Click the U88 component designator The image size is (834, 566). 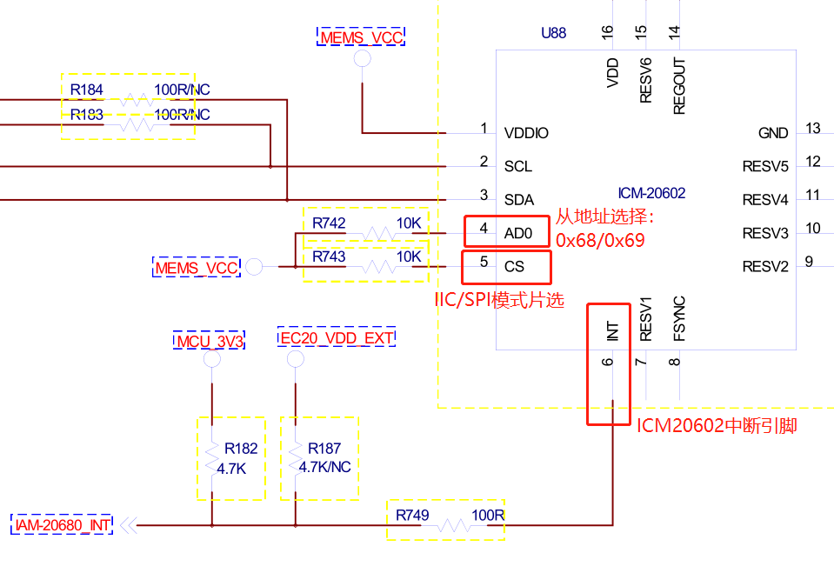pyautogui.click(x=553, y=34)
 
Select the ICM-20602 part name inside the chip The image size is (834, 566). pyautogui.click(x=651, y=193)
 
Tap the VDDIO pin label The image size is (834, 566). pyautogui.click(x=526, y=133)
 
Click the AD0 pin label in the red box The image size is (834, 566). pyautogui.click(x=517, y=232)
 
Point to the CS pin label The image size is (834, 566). pyautogui.click(x=514, y=265)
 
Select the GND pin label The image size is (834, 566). pyautogui.click(x=773, y=133)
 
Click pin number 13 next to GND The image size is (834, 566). pyautogui.click(x=813, y=129)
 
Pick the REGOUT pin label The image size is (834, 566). pyautogui.click(x=680, y=87)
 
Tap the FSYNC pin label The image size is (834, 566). pyautogui.click(x=680, y=318)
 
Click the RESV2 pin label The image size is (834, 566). pyautogui.click(x=765, y=266)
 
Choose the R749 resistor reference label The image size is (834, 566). pyautogui.click(x=412, y=516)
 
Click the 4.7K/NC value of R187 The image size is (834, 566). pyautogui.click(x=324, y=467)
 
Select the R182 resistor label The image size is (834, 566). pyautogui.click(x=241, y=449)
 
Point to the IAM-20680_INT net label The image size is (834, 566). pyautogui.click(x=63, y=524)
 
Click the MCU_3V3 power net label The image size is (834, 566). pyautogui.click(x=210, y=339)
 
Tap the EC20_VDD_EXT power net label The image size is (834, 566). pyautogui.click(x=337, y=337)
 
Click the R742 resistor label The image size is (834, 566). pyautogui.click(x=329, y=223)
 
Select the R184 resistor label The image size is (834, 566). pyautogui.click(x=87, y=90)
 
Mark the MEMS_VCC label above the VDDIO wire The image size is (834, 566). pyautogui.click(x=361, y=37)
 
